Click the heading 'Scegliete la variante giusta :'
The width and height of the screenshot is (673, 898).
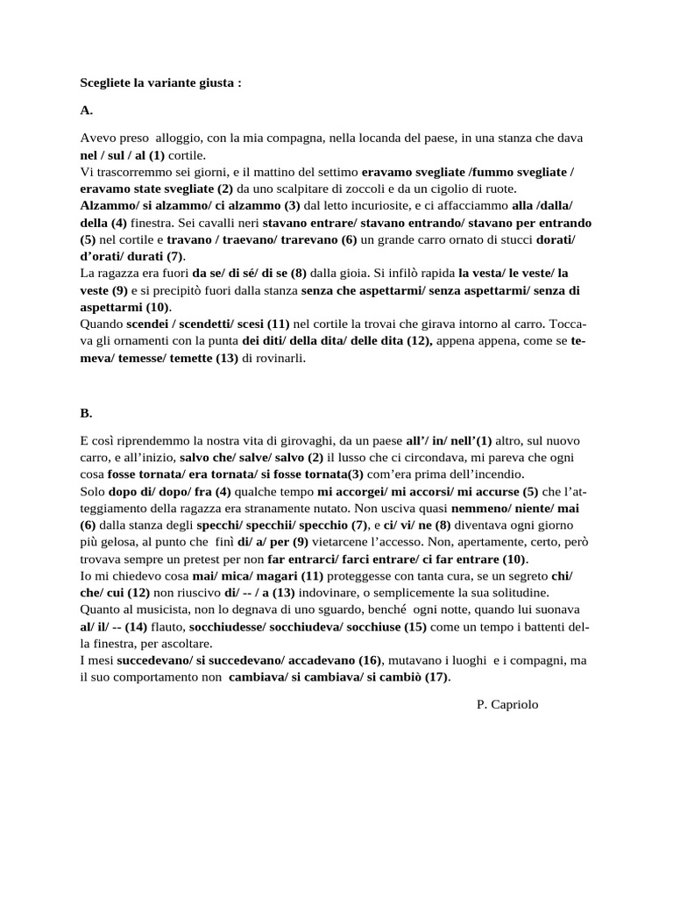[x=160, y=83]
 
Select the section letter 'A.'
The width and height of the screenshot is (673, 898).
[x=86, y=111]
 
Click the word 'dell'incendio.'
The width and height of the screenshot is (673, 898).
[x=485, y=473]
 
